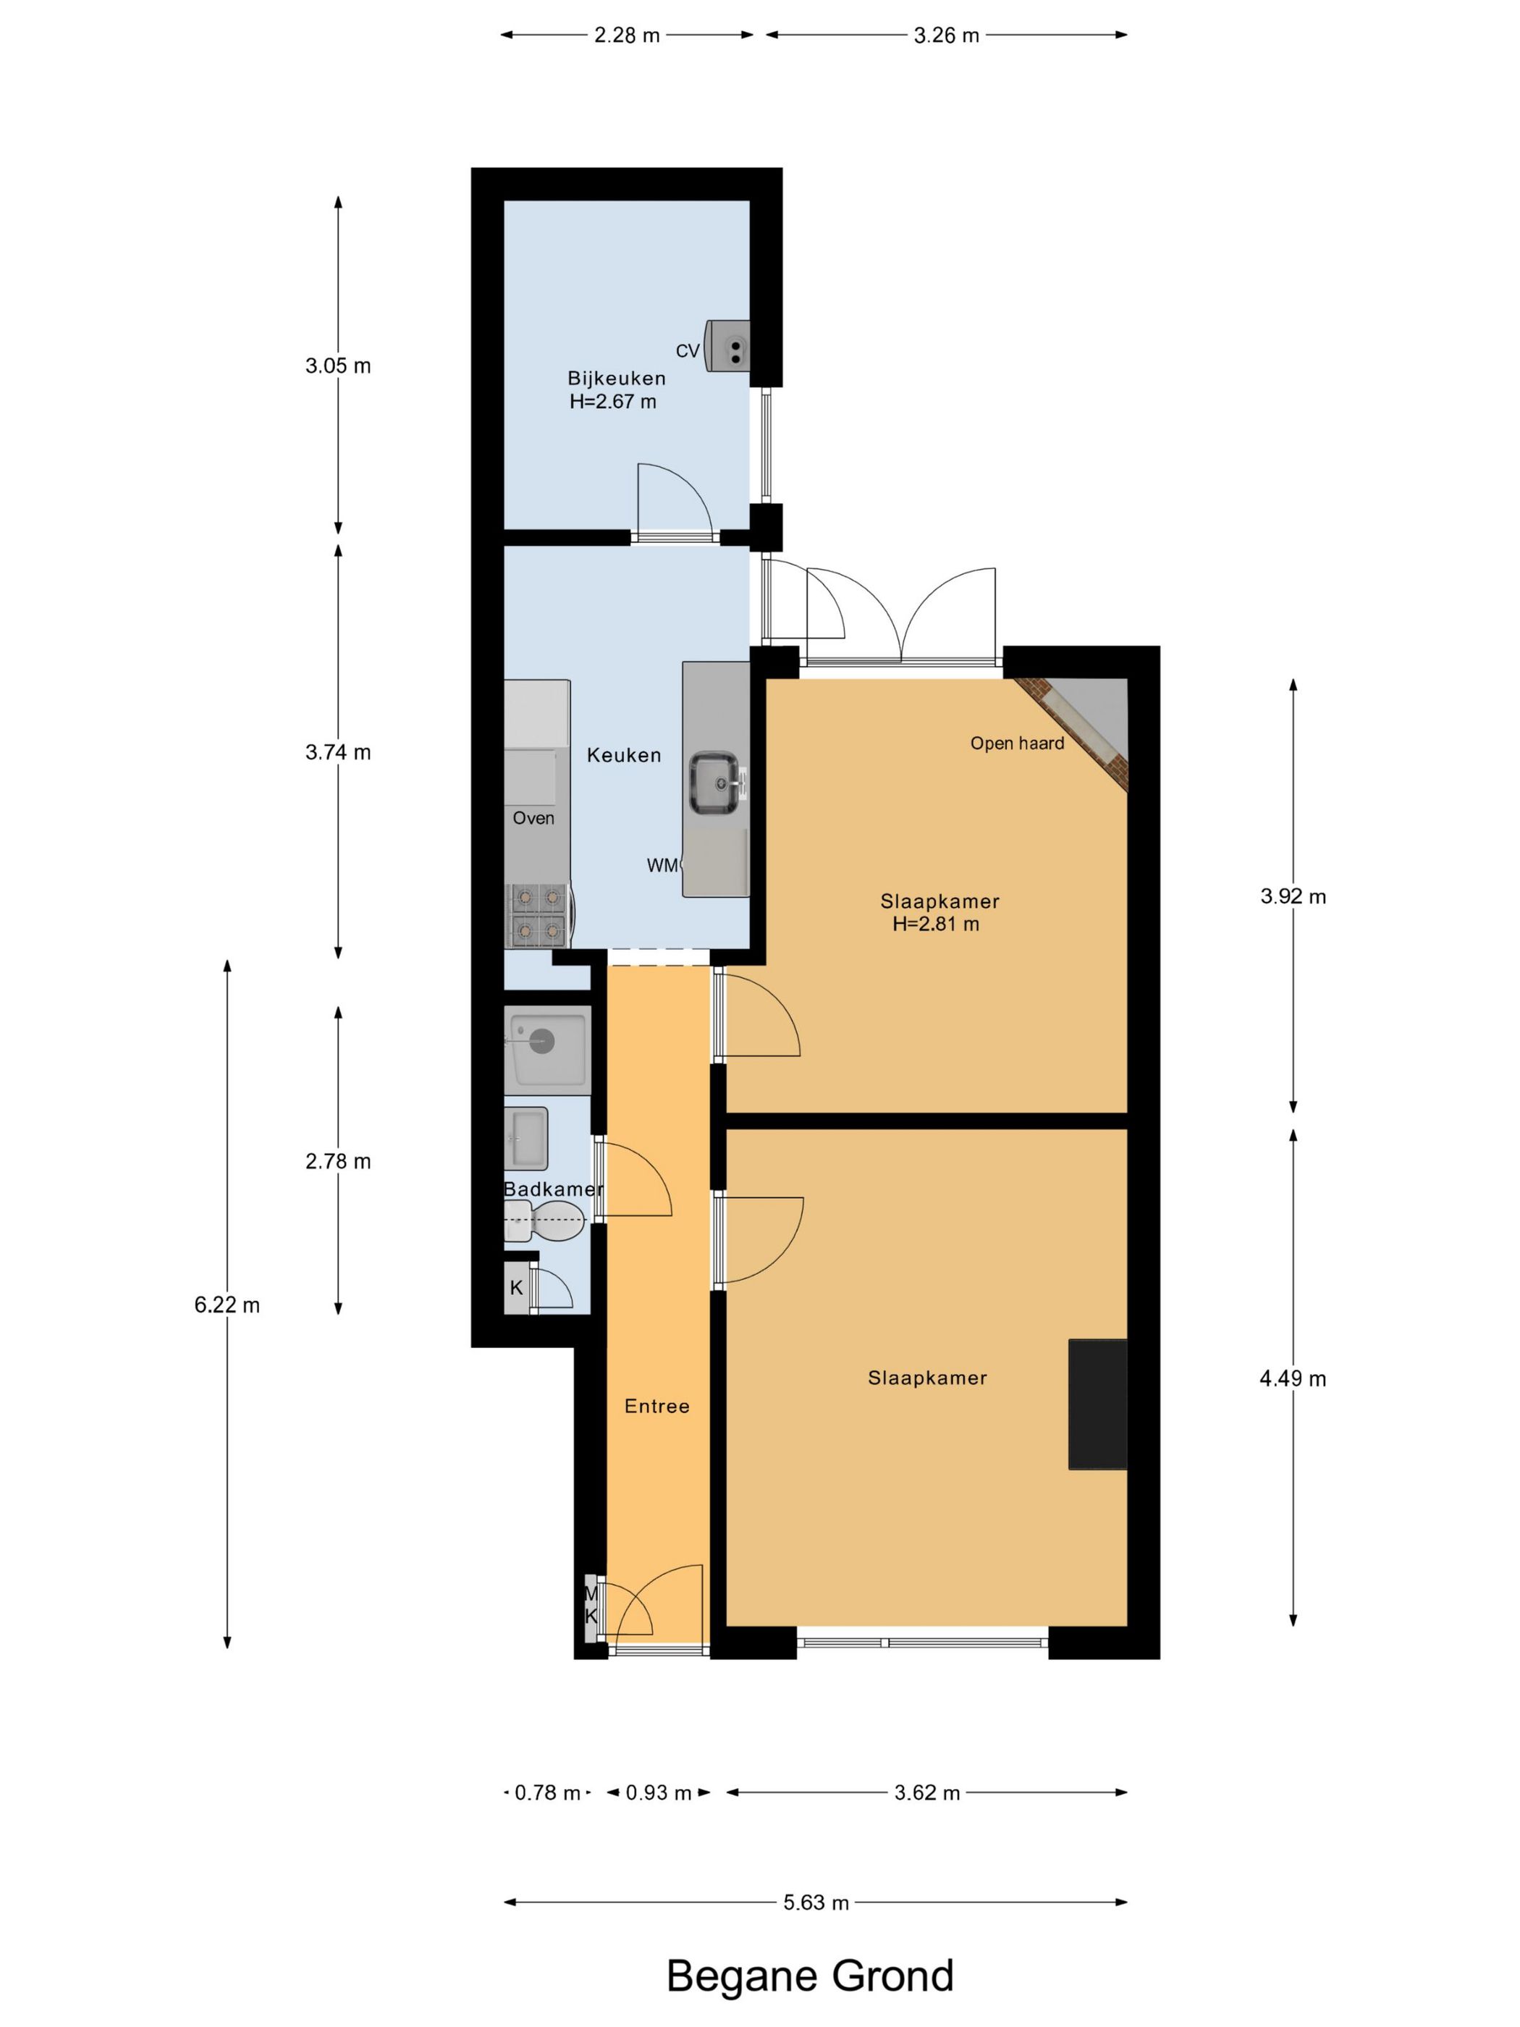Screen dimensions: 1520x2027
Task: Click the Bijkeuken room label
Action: tap(616, 378)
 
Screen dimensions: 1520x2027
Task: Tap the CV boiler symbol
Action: tap(727, 345)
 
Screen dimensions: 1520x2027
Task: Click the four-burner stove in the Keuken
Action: tap(538, 914)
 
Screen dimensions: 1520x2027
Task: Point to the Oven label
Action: tap(533, 817)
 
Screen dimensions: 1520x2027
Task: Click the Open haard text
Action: tap(1017, 743)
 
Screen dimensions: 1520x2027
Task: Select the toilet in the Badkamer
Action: tap(544, 1221)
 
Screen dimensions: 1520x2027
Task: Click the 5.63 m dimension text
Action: tap(816, 1902)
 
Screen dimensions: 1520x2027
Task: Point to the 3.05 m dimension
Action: tap(338, 366)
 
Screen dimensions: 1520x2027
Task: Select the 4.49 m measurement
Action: tap(1293, 1378)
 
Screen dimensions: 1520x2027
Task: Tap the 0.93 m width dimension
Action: tap(658, 1792)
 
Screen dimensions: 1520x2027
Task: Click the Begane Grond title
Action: tap(810, 1976)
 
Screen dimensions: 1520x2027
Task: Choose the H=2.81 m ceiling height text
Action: tap(935, 924)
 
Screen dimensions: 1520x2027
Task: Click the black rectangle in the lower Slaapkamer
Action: tap(1097, 1404)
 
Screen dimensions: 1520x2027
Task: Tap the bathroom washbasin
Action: tap(526, 1138)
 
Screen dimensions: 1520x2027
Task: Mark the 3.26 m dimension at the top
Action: tap(947, 35)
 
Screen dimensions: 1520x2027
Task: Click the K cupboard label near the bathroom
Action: tap(516, 1287)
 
